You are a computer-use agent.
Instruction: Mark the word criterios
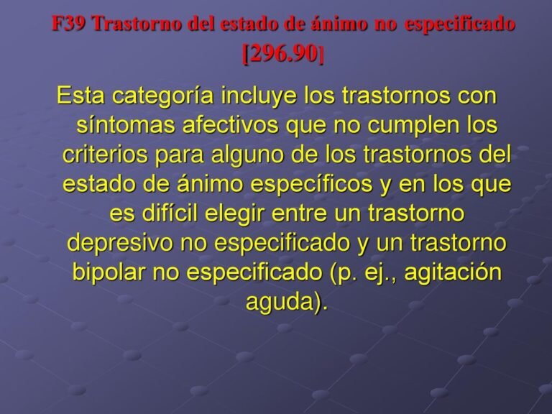(106, 155)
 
